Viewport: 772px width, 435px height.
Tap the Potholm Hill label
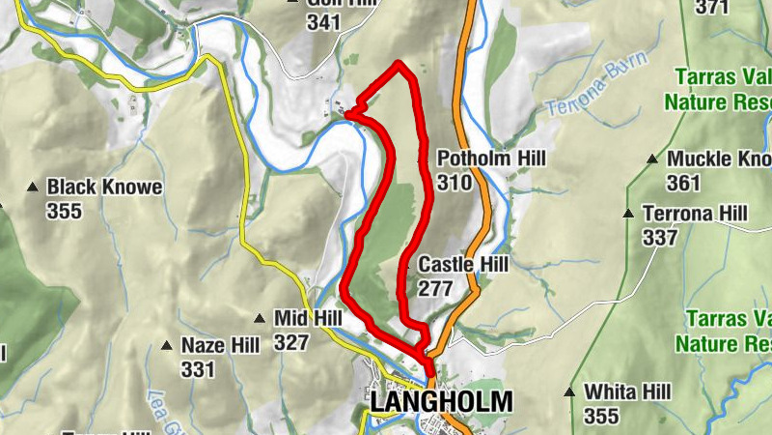pos(491,158)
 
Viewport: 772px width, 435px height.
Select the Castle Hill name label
pos(463,264)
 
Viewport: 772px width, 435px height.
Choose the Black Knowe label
pos(105,186)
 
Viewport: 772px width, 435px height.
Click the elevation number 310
pos(454,183)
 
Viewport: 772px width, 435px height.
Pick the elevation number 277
pos(435,288)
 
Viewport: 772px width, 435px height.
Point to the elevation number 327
pos(291,342)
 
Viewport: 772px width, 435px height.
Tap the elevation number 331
pos(197,368)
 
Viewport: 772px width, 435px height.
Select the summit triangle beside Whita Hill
pos(570,391)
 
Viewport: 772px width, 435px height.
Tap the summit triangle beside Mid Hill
pos(259,317)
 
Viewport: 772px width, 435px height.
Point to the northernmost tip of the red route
pos(400,64)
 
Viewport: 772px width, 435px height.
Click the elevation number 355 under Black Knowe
pos(64,210)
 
